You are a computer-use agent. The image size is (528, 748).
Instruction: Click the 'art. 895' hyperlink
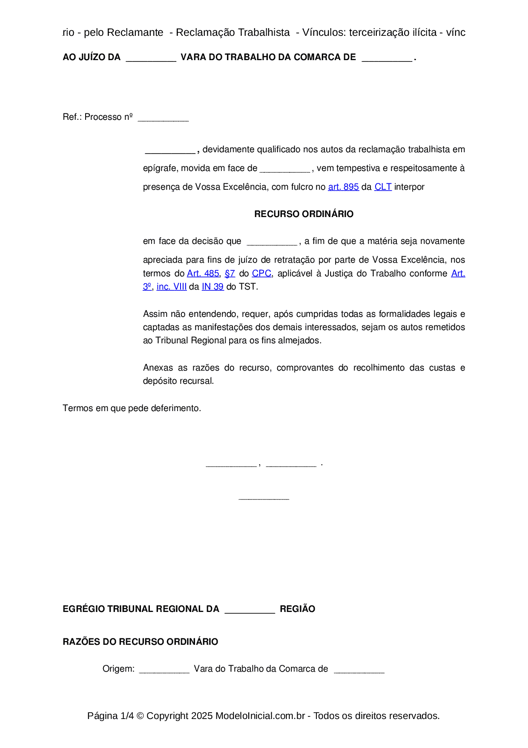(343, 187)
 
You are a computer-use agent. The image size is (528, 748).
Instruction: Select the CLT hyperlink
(383, 187)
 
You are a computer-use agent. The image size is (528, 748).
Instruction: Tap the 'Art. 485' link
(203, 273)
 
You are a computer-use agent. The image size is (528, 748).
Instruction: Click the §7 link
(230, 273)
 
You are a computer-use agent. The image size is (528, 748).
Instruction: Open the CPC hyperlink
(261, 273)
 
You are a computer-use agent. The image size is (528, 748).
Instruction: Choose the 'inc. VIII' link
(172, 287)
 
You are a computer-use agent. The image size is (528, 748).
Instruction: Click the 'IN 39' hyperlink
(212, 287)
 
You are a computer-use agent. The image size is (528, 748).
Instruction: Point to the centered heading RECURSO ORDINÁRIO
(304, 214)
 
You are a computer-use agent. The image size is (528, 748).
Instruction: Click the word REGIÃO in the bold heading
(297, 609)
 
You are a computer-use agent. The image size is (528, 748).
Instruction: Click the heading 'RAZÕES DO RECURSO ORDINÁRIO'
(140, 642)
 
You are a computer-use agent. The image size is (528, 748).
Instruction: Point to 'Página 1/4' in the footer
(110, 716)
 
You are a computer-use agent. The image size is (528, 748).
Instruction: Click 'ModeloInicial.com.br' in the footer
(260, 716)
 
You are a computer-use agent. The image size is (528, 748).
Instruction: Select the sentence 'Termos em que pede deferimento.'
(132, 408)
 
